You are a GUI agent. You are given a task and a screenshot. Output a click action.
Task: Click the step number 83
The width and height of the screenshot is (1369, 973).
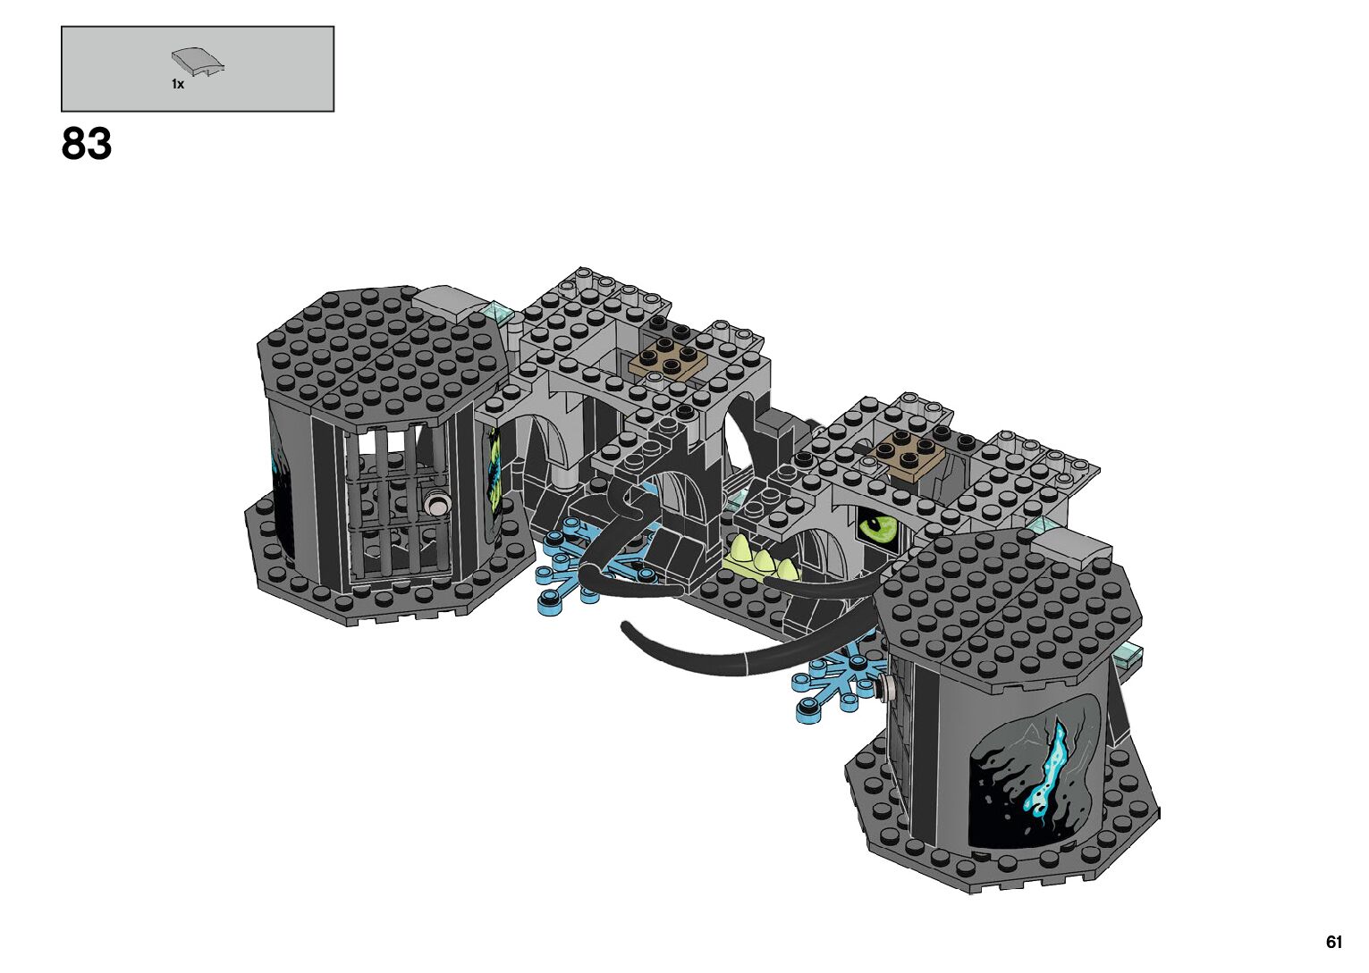click(86, 144)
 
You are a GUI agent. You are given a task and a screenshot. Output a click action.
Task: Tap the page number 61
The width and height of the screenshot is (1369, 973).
click(1334, 943)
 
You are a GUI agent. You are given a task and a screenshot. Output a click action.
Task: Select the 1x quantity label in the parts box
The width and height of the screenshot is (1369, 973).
click(178, 84)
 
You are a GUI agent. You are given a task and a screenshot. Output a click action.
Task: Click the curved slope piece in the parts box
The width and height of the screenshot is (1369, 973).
click(198, 63)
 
